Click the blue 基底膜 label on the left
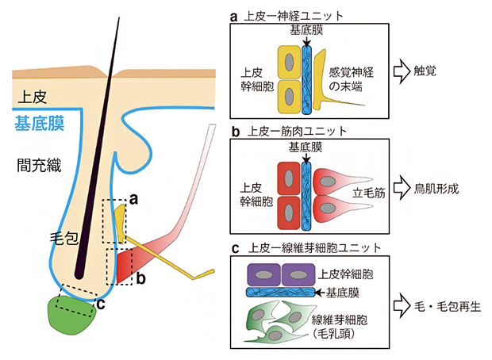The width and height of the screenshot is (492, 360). [x=40, y=123]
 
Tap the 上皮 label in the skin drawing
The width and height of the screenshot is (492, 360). [x=33, y=97]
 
